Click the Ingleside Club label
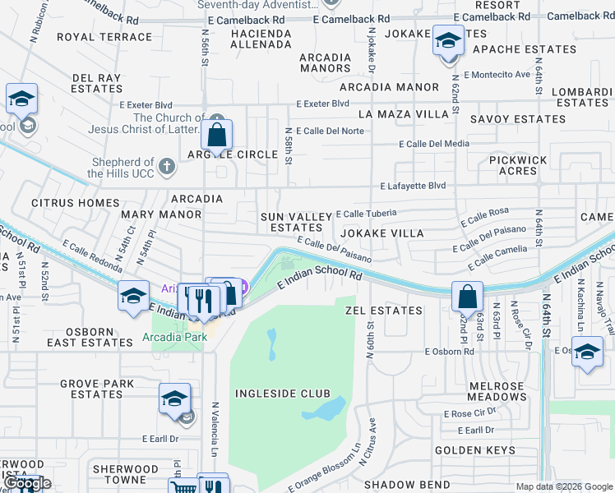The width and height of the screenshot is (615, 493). [x=282, y=394]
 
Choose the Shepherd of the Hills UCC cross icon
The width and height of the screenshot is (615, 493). [x=167, y=168]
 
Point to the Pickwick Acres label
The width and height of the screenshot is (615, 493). [x=519, y=166]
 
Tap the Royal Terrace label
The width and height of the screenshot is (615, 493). [x=105, y=37]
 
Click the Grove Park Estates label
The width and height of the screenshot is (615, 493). [x=97, y=389]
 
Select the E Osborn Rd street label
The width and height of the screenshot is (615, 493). [x=450, y=351]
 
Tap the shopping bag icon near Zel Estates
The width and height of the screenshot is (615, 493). [x=467, y=296]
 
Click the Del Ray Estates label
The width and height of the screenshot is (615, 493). [x=97, y=83]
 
